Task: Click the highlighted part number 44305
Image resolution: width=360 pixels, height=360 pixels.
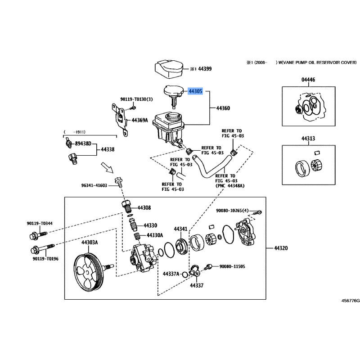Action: point(196,91)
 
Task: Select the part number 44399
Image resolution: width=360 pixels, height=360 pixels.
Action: point(205,69)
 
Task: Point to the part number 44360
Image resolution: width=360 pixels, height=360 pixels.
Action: point(223,108)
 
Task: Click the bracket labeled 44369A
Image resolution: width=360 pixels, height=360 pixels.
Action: point(119,118)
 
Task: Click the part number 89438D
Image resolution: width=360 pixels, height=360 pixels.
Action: point(83,144)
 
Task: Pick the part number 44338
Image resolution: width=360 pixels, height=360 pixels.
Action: point(107,149)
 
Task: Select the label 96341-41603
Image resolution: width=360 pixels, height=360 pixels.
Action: point(94,185)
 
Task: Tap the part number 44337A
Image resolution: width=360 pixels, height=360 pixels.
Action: point(171,274)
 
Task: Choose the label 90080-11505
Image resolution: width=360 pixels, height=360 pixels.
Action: point(232,267)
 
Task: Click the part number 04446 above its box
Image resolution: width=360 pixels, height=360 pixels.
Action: point(309,80)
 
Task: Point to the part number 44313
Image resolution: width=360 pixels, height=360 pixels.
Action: point(309,139)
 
